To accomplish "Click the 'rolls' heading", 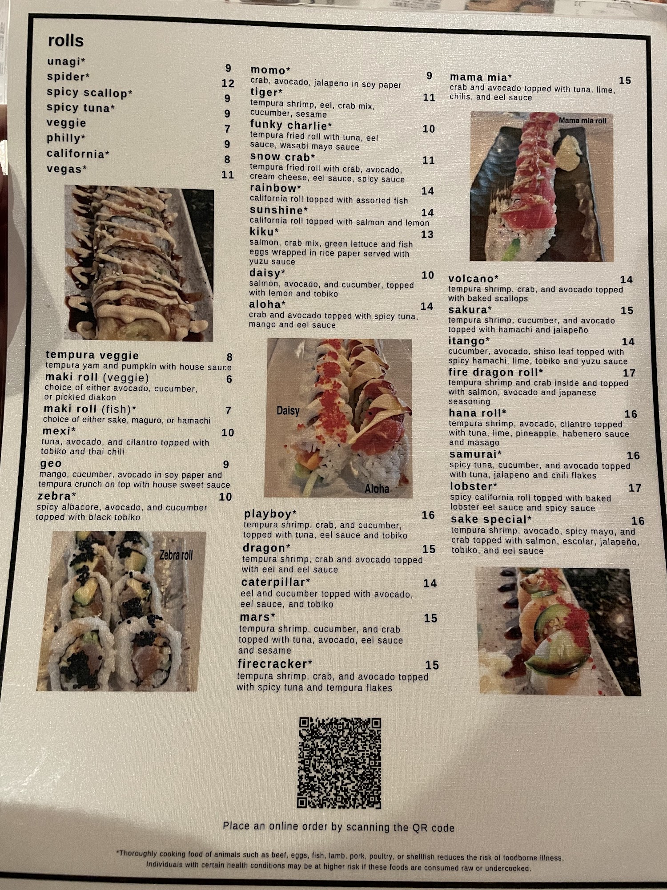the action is tap(66, 40).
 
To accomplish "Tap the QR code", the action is tap(339, 763).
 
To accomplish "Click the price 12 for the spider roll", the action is tap(228, 83).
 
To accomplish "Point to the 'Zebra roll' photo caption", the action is tap(176, 555).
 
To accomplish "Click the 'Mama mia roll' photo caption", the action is tap(583, 121).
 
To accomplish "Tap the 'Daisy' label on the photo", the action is tap(288, 410).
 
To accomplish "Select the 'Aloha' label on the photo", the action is tap(377, 489).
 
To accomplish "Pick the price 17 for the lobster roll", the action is tap(635, 488).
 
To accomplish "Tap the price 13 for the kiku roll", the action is tap(427, 235).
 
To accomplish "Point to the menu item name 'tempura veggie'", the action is tap(92, 355).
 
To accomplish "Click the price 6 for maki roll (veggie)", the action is tap(229, 379).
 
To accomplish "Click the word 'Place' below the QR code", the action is tap(237, 826).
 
